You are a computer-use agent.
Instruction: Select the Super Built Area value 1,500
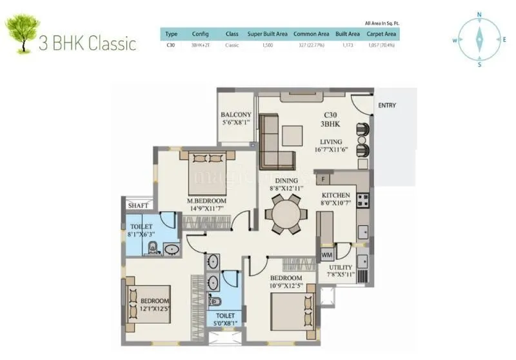(268, 46)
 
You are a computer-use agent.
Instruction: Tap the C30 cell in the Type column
(171, 46)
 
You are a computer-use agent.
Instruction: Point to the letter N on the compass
(479, 14)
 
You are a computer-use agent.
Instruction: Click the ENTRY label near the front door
(387, 105)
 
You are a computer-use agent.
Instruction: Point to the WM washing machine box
(327, 255)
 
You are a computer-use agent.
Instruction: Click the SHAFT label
(137, 205)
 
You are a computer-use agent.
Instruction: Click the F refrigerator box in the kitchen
(322, 179)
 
